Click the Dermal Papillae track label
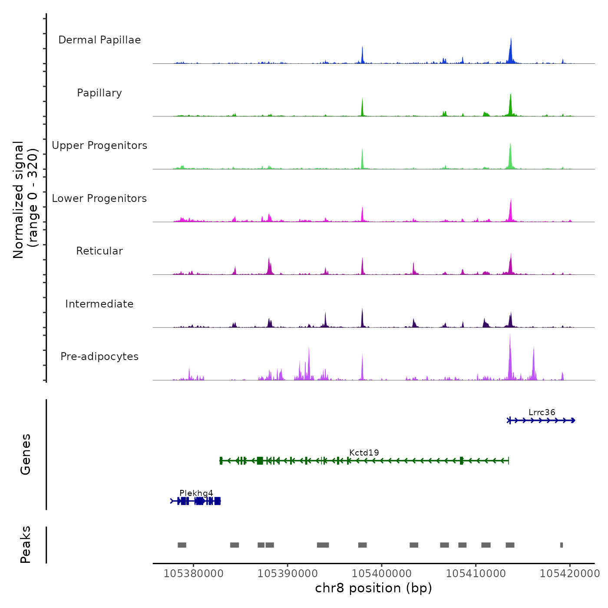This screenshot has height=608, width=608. pos(99,40)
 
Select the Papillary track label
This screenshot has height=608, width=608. pos(99,93)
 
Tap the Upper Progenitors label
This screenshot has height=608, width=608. pos(99,145)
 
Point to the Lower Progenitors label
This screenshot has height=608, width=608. pos(99,198)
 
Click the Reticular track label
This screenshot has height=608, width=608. pos(99,251)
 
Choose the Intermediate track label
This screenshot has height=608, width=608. pos(99,304)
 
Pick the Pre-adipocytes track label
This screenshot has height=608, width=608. pos(99,357)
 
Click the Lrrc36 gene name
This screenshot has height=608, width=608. pos(542,413)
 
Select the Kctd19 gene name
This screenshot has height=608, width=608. pos(364,453)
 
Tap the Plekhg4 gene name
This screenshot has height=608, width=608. pos(196,493)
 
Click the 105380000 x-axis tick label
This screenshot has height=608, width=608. pos(193,574)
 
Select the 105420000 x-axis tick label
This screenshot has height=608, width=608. pos(569,574)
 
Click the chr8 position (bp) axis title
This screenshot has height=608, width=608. pos(373,588)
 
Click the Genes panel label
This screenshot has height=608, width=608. pos(26,454)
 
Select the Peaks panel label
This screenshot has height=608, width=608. pos(26,545)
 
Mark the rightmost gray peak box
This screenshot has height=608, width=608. pos(562,545)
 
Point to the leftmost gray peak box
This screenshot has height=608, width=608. pos(182,545)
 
